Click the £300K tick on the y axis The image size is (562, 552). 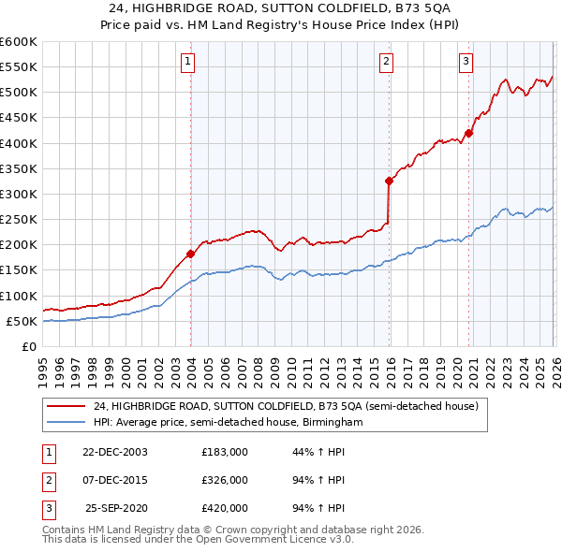pos(18,194)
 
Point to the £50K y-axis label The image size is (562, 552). pos(21,321)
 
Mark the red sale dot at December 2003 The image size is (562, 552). pos(190,254)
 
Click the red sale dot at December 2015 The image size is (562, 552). pos(389,181)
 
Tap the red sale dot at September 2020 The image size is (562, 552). pos(468,133)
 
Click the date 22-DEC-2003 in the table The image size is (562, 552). pos(114,452)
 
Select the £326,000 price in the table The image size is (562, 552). pos(225,480)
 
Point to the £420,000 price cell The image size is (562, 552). pos(225,508)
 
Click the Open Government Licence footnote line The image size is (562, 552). pos(198,540)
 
